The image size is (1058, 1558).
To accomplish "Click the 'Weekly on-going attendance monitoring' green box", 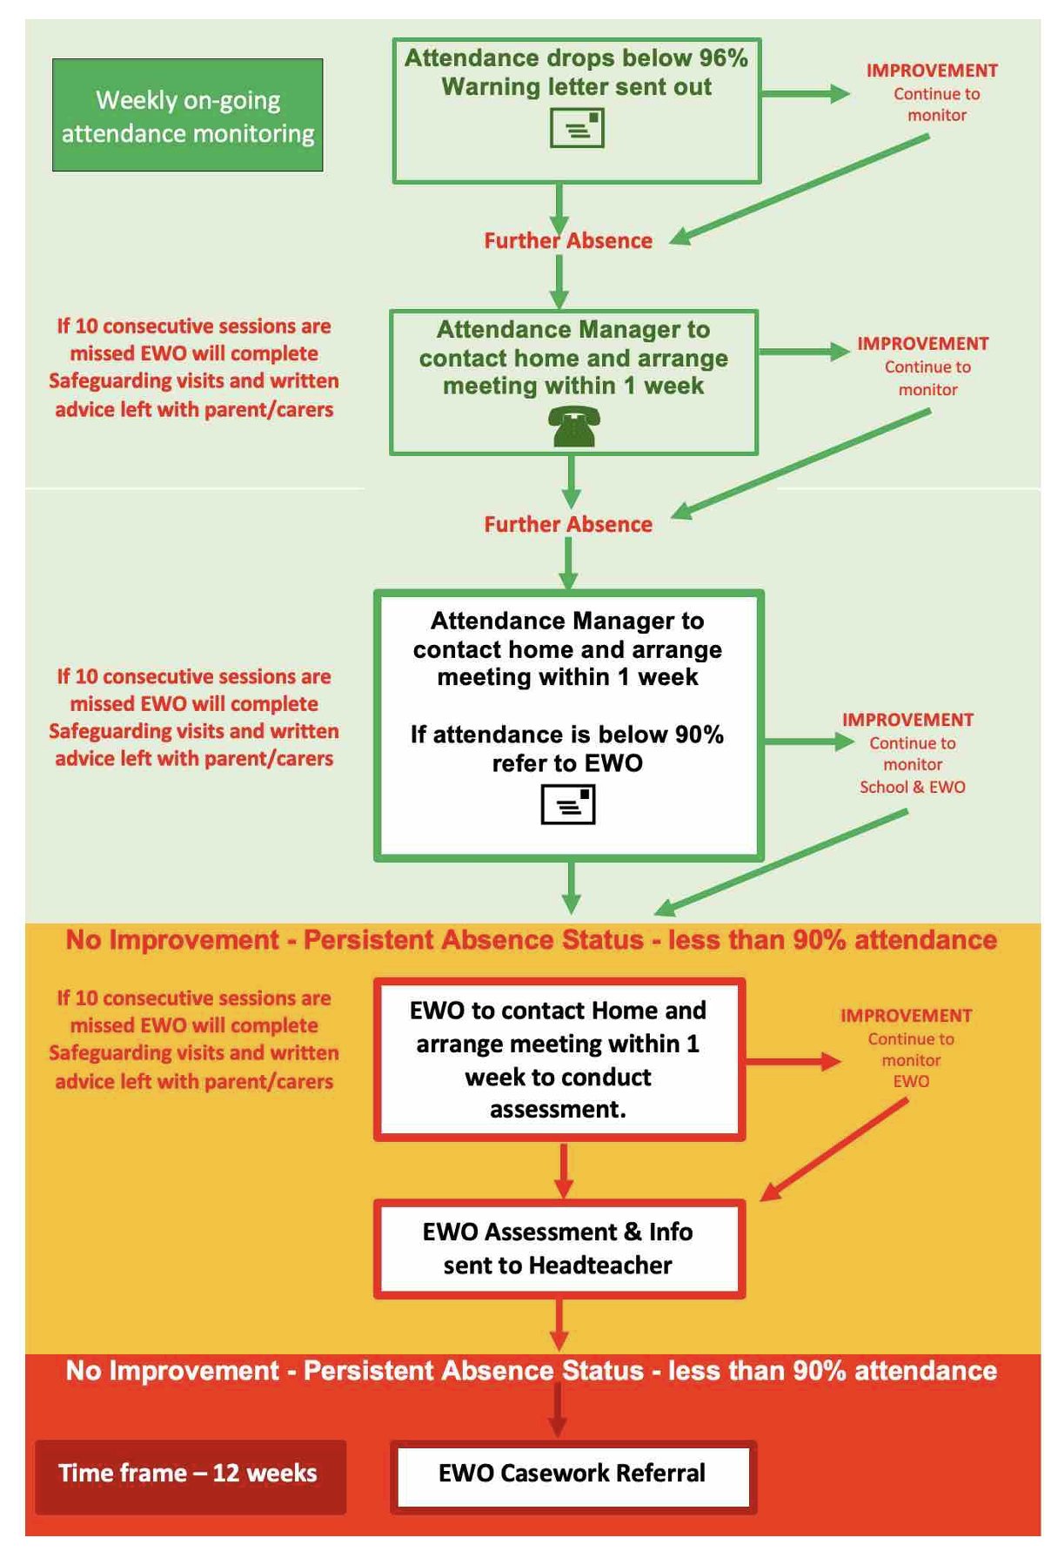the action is [x=188, y=115].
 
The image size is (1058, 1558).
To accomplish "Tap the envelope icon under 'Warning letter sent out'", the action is [x=577, y=129].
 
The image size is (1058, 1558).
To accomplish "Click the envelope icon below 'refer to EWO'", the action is [x=568, y=803].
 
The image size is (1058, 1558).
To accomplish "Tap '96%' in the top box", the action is [x=723, y=58].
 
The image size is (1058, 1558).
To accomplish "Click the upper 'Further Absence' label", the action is [x=568, y=240].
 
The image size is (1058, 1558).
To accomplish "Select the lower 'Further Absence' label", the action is [x=568, y=524].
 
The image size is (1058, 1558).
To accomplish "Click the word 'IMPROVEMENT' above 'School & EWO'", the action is [x=907, y=720].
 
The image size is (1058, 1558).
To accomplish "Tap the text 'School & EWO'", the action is [x=913, y=787].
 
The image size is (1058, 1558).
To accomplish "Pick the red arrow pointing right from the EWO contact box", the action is [x=793, y=1061].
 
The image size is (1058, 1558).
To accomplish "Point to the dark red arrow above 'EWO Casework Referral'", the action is [x=558, y=1410].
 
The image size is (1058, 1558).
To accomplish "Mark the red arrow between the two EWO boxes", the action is [x=564, y=1171].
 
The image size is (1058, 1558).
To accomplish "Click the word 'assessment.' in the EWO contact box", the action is [x=558, y=1110].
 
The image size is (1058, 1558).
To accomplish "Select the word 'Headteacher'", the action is [x=600, y=1265].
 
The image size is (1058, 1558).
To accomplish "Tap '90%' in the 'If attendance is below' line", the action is [x=700, y=735].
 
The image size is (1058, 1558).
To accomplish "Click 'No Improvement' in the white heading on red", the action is [x=172, y=1371].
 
